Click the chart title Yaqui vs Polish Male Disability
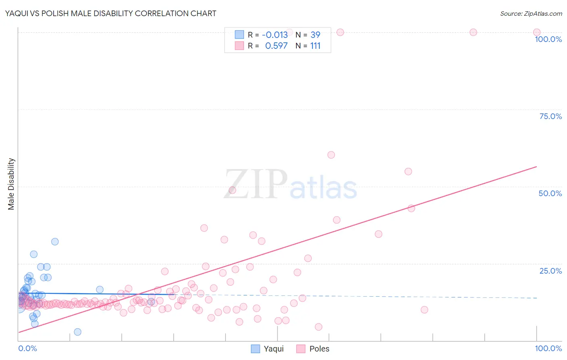[x=110, y=13]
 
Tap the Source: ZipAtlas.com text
[x=531, y=13]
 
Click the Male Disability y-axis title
[x=11, y=184]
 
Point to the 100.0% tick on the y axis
[x=548, y=39]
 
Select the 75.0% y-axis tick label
[x=550, y=116]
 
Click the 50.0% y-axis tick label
[x=550, y=193]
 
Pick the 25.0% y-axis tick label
[x=550, y=271]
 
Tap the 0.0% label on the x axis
[x=27, y=348]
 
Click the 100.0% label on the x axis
[x=548, y=348]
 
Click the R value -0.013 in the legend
[x=275, y=35]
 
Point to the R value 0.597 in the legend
[x=276, y=46]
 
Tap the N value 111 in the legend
[x=315, y=46]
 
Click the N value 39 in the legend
[x=315, y=35]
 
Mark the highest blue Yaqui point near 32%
[x=55, y=242]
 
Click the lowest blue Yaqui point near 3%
[x=77, y=332]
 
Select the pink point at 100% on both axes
[x=537, y=32]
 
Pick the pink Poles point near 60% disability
[x=331, y=155]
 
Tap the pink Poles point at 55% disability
[x=408, y=172]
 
